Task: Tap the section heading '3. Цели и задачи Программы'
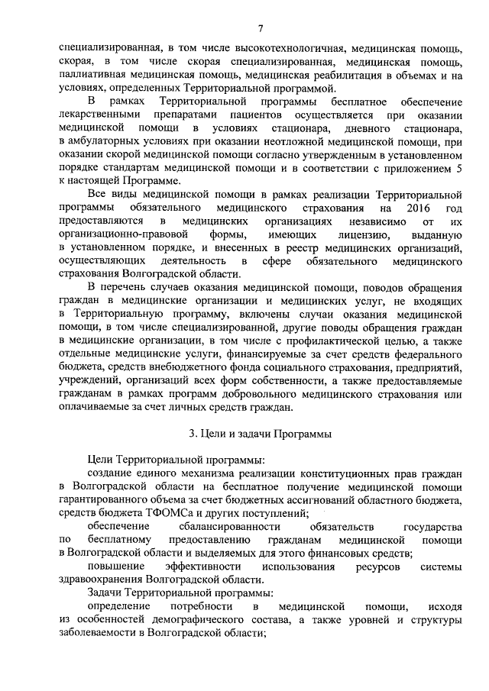(x=260, y=434)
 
